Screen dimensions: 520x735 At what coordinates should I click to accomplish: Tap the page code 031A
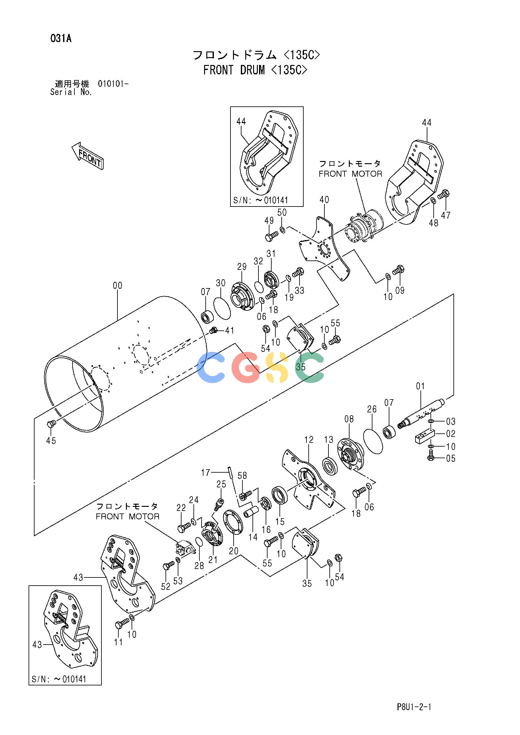pyautogui.click(x=61, y=39)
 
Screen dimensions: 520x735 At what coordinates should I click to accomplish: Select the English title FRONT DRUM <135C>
pyautogui.click(x=255, y=70)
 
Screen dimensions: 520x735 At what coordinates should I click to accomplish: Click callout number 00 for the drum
pyautogui.click(x=117, y=285)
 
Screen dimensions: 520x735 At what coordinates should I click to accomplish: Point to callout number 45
pyautogui.click(x=51, y=441)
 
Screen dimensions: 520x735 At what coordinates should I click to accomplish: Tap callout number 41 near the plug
pyautogui.click(x=230, y=330)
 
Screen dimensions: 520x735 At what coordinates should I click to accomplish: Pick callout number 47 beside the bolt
pyautogui.click(x=446, y=215)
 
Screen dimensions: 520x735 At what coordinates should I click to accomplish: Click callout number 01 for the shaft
pyautogui.click(x=420, y=386)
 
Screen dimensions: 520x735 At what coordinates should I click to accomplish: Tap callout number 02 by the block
pyautogui.click(x=451, y=434)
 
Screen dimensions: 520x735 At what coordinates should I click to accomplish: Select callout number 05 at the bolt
pyautogui.click(x=451, y=459)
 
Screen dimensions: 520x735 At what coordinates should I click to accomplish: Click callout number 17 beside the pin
pyautogui.click(x=206, y=472)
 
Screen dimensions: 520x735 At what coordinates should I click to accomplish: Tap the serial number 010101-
pyautogui.click(x=113, y=84)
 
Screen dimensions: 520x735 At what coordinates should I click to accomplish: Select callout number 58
pyautogui.click(x=242, y=476)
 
